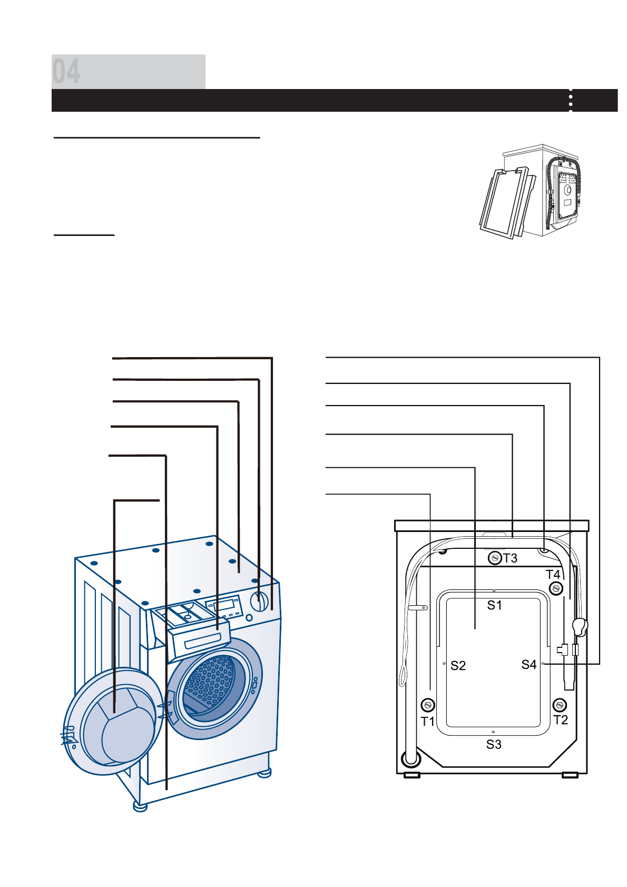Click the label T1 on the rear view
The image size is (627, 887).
[x=427, y=721]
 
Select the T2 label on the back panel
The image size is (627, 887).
[x=561, y=720]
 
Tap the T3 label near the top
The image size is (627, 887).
[x=510, y=558]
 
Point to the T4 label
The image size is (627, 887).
[x=553, y=575]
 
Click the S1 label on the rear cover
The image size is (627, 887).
[x=494, y=606]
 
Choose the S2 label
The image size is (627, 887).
[x=458, y=666]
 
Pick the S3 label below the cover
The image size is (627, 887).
[x=494, y=744]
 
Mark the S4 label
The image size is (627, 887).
[x=528, y=665]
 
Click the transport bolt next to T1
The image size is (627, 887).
[x=428, y=705]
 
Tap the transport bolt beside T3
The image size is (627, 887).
[x=494, y=557]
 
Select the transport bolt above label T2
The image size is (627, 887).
[x=560, y=705]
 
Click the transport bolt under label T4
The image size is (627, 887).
[x=556, y=588]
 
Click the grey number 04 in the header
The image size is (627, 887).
[x=66, y=72]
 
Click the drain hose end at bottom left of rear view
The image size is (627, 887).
[x=411, y=759]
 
